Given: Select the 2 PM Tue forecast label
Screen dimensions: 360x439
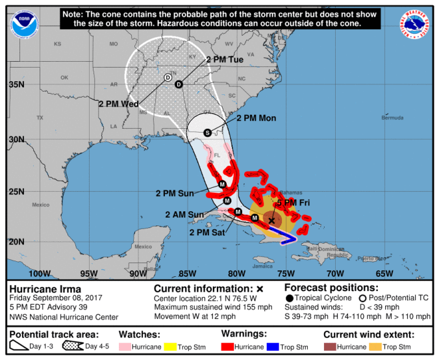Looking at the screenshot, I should pyautogui.click(x=227, y=59).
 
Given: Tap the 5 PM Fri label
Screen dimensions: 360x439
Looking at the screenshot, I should pyautogui.click(x=294, y=203).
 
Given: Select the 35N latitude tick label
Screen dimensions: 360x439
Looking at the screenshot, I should pyautogui.click(x=16, y=85).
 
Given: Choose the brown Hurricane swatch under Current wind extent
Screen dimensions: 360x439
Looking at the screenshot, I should pyautogui.click(x=330, y=347).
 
